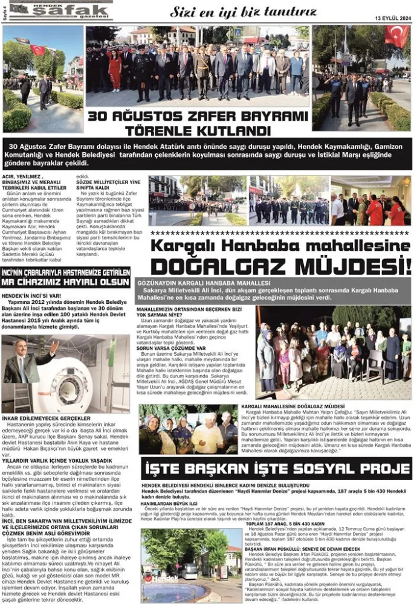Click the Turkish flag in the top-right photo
tap(396, 36)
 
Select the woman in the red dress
tap(115, 69)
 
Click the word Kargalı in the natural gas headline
tap(182, 246)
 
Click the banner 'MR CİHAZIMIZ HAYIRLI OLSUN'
tap(65, 282)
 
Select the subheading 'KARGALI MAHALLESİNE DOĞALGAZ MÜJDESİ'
tap(293, 407)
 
